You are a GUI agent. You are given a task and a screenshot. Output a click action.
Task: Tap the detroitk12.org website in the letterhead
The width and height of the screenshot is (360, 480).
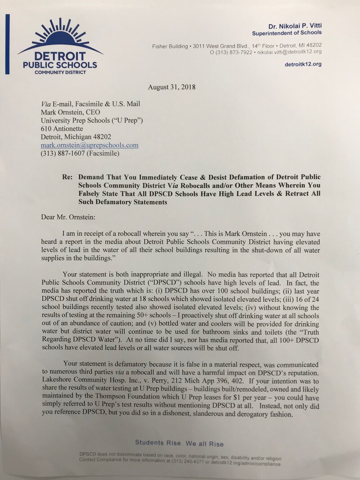(303, 64)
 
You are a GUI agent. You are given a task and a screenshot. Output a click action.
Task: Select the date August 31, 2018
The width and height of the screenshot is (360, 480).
(171, 87)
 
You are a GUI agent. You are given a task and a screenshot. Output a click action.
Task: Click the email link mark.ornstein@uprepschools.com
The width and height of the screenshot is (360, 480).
(90, 145)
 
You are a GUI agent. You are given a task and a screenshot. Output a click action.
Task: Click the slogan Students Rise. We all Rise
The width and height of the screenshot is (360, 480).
(179, 443)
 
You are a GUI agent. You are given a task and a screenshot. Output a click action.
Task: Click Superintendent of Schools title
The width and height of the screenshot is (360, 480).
(287, 33)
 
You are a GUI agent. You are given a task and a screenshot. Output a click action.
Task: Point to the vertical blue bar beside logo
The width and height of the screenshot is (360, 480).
(7, 44)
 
